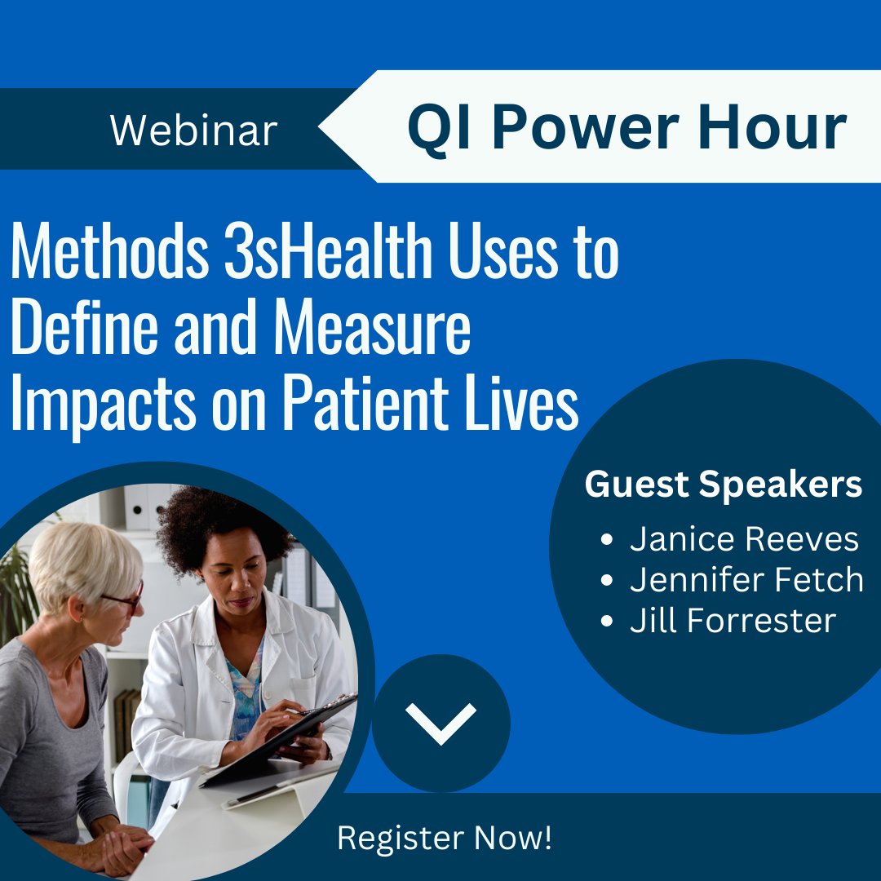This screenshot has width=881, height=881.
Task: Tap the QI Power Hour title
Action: [626, 128]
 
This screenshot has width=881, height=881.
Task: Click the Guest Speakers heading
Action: [723, 485]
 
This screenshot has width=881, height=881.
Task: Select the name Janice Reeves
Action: [744, 539]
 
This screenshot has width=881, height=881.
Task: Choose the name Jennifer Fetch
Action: [746, 580]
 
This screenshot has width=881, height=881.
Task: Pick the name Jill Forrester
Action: [733, 621]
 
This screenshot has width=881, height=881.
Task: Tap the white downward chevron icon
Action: [440, 723]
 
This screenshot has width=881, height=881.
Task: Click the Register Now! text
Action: [445, 838]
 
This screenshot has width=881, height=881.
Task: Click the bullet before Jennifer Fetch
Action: [606, 581]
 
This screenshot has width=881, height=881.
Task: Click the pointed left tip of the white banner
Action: [321, 128]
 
